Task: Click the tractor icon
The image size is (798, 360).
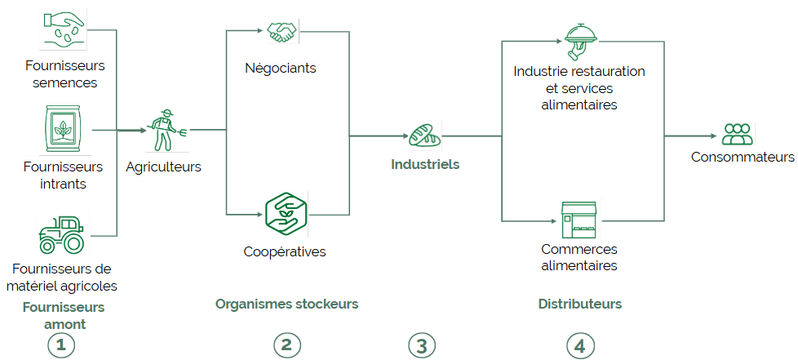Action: pyautogui.click(x=60, y=234)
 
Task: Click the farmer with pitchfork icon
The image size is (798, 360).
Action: pyautogui.click(x=166, y=130)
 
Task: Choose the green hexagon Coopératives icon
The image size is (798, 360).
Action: pyautogui.click(x=286, y=212)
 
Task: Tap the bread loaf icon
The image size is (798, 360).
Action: pyautogui.click(x=423, y=135)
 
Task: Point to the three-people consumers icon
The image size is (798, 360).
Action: pyautogui.click(x=737, y=134)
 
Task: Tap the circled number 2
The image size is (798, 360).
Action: pyautogui.click(x=286, y=345)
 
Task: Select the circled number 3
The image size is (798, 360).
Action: pyautogui.click(x=421, y=345)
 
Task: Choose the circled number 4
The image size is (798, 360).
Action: pyautogui.click(x=579, y=345)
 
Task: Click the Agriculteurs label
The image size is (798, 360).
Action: pyautogui.click(x=163, y=167)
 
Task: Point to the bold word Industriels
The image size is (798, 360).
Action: pyautogui.click(x=425, y=164)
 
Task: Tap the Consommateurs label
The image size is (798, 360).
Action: pyautogui.click(x=743, y=157)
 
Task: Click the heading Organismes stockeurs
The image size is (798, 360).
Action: pyautogui.click(x=286, y=304)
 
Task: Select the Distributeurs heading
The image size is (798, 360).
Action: pyautogui.click(x=579, y=304)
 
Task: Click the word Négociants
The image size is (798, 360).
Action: pyautogui.click(x=280, y=68)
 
